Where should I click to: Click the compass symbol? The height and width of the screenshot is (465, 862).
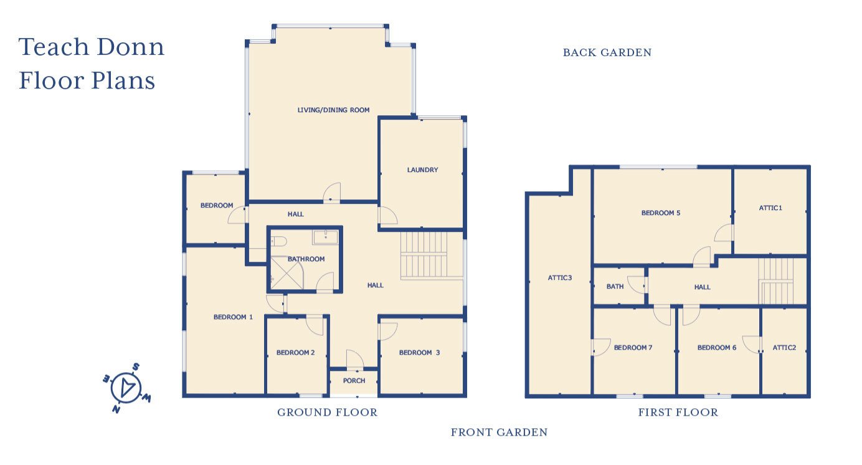(x=126, y=388)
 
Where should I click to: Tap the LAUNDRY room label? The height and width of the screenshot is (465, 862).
(x=422, y=170)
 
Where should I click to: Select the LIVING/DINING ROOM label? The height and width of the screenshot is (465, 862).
(x=333, y=110)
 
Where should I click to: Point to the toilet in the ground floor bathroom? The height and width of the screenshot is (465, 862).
(x=278, y=241)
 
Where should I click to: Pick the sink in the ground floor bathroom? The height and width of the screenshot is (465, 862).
(x=325, y=237)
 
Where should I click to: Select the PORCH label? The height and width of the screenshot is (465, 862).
(x=354, y=380)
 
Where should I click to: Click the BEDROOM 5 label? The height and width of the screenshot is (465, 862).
(x=660, y=213)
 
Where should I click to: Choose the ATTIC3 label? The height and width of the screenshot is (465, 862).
(x=559, y=277)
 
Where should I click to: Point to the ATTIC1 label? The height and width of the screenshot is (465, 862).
(x=770, y=208)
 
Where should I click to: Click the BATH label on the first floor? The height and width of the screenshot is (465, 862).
(x=615, y=287)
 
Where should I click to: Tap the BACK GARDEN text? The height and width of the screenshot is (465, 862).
(x=607, y=53)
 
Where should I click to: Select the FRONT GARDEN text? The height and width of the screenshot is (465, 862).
(x=499, y=432)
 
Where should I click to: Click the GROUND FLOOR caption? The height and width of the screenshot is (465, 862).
(x=327, y=412)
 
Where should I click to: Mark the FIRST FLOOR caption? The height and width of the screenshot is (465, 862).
(x=678, y=412)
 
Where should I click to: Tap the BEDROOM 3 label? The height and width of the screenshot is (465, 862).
(x=419, y=352)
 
